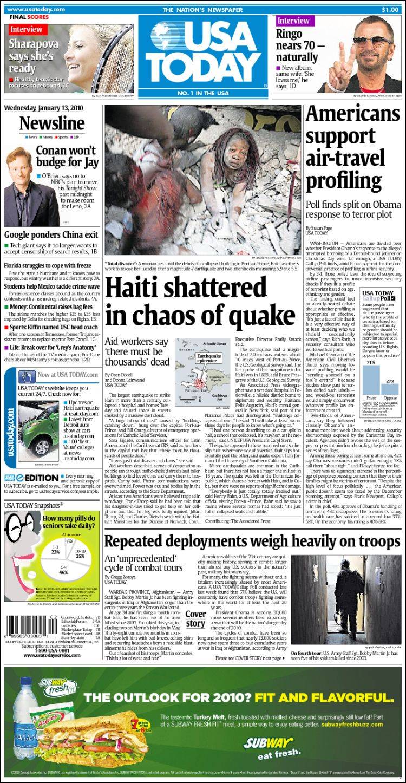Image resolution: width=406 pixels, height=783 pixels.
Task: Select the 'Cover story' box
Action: [x=195, y=619]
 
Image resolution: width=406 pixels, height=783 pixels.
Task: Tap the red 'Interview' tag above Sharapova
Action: [x=25, y=30]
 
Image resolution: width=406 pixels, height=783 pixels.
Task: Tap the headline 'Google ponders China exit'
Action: [x=51, y=235]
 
